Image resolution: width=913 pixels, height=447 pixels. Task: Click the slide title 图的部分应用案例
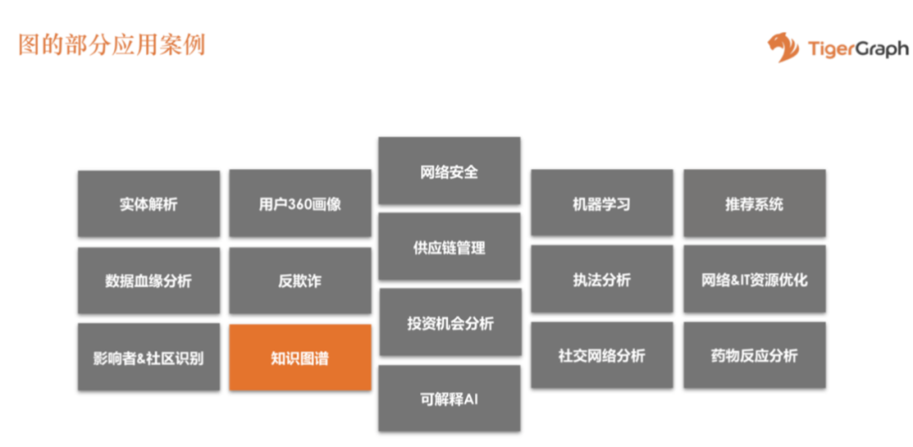(x=112, y=44)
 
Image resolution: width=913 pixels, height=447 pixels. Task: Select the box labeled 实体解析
(x=149, y=204)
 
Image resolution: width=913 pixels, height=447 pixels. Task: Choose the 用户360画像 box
(x=299, y=204)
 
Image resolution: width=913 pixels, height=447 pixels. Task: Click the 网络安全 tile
(x=449, y=172)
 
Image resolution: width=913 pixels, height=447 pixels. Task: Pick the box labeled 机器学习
(x=601, y=204)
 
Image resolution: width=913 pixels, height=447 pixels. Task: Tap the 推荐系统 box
(x=754, y=204)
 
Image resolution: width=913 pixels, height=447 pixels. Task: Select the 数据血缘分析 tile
(x=149, y=281)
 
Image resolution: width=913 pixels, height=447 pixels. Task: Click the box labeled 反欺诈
(x=299, y=281)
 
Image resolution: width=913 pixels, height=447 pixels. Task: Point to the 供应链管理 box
(x=449, y=248)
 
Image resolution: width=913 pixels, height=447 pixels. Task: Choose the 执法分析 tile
(x=601, y=281)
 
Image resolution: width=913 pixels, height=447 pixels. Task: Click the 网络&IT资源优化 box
(x=754, y=280)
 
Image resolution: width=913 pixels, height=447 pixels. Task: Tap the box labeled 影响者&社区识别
(x=149, y=357)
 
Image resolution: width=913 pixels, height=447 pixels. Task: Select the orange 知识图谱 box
(x=299, y=357)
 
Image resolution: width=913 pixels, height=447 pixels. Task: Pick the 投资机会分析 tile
(x=449, y=323)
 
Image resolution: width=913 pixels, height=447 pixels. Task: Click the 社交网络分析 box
(x=601, y=356)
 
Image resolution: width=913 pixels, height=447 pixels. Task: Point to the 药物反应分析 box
(x=754, y=356)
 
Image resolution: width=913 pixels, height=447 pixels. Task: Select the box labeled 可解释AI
(x=449, y=399)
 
